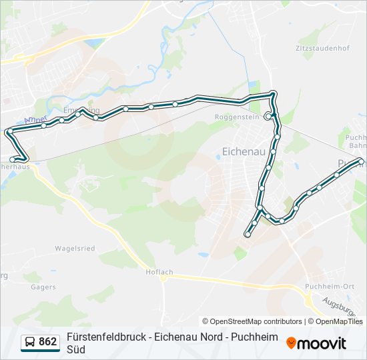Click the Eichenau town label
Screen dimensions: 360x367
pyautogui.click(x=242, y=152)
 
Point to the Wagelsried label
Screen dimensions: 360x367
pyautogui.click(x=75, y=249)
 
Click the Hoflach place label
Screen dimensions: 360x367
pyautogui.click(x=159, y=272)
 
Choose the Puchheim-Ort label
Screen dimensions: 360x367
pyautogui.click(x=324, y=287)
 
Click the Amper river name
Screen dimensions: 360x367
pyautogui.click(x=35, y=120)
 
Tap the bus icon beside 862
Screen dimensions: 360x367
pyautogui.click(x=30, y=343)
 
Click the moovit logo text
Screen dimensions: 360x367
pyautogui.click(x=322, y=343)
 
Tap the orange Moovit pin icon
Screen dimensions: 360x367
pyautogui.click(x=291, y=343)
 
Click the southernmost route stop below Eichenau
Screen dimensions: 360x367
pyautogui.click(x=248, y=234)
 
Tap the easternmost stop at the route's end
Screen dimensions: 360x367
pyautogui.click(x=361, y=161)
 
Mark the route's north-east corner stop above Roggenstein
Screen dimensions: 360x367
pyautogui.click(x=272, y=94)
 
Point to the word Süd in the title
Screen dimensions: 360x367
pyautogui.click(x=76, y=349)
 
